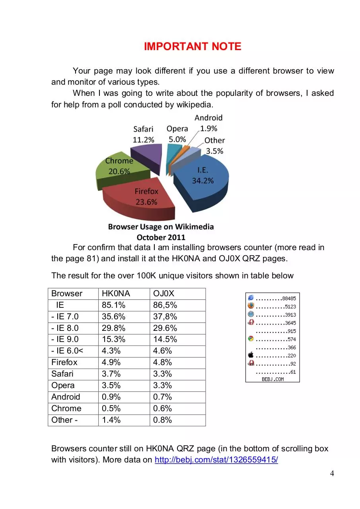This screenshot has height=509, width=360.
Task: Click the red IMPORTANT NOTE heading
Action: (x=193, y=47)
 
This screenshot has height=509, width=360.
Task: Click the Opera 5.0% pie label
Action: (x=177, y=134)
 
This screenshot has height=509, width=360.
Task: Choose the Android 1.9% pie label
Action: (x=208, y=123)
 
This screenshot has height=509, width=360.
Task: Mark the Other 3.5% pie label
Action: (x=214, y=146)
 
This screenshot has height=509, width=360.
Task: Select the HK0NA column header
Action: (x=116, y=293)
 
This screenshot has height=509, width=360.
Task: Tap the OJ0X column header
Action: (x=163, y=293)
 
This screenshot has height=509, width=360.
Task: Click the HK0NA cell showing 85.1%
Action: (x=113, y=305)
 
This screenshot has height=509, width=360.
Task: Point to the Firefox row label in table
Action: (x=64, y=362)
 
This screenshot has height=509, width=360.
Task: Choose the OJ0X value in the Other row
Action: (x=162, y=420)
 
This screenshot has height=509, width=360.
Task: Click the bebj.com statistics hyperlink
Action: (x=216, y=460)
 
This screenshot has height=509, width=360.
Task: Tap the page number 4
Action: (x=332, y=473)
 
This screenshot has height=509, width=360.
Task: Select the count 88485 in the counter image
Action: (x=289, y=298)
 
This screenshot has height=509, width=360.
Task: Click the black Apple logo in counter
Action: (x=251, y=355)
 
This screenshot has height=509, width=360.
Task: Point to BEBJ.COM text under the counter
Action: (x=272, y=379)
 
